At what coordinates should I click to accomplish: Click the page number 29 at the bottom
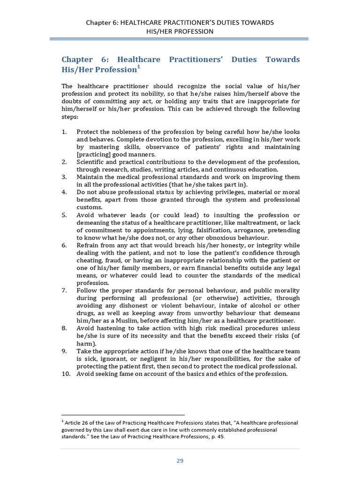(180, 461)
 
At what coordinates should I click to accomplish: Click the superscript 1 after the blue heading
(138, 67)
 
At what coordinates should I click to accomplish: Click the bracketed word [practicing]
(93, 154)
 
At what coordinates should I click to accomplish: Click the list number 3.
(64, 177)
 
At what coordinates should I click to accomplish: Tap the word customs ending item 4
(89, 207)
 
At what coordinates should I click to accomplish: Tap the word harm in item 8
(86, 343)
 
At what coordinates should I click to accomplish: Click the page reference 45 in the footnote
(220, 437)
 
